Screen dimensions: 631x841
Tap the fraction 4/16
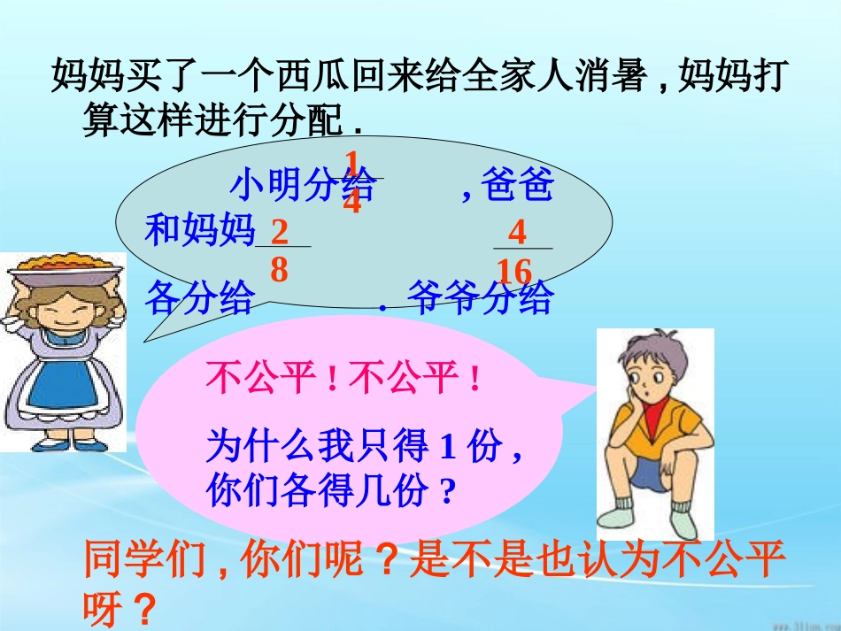point(517,251)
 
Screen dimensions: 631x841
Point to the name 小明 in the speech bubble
point(265,188)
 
